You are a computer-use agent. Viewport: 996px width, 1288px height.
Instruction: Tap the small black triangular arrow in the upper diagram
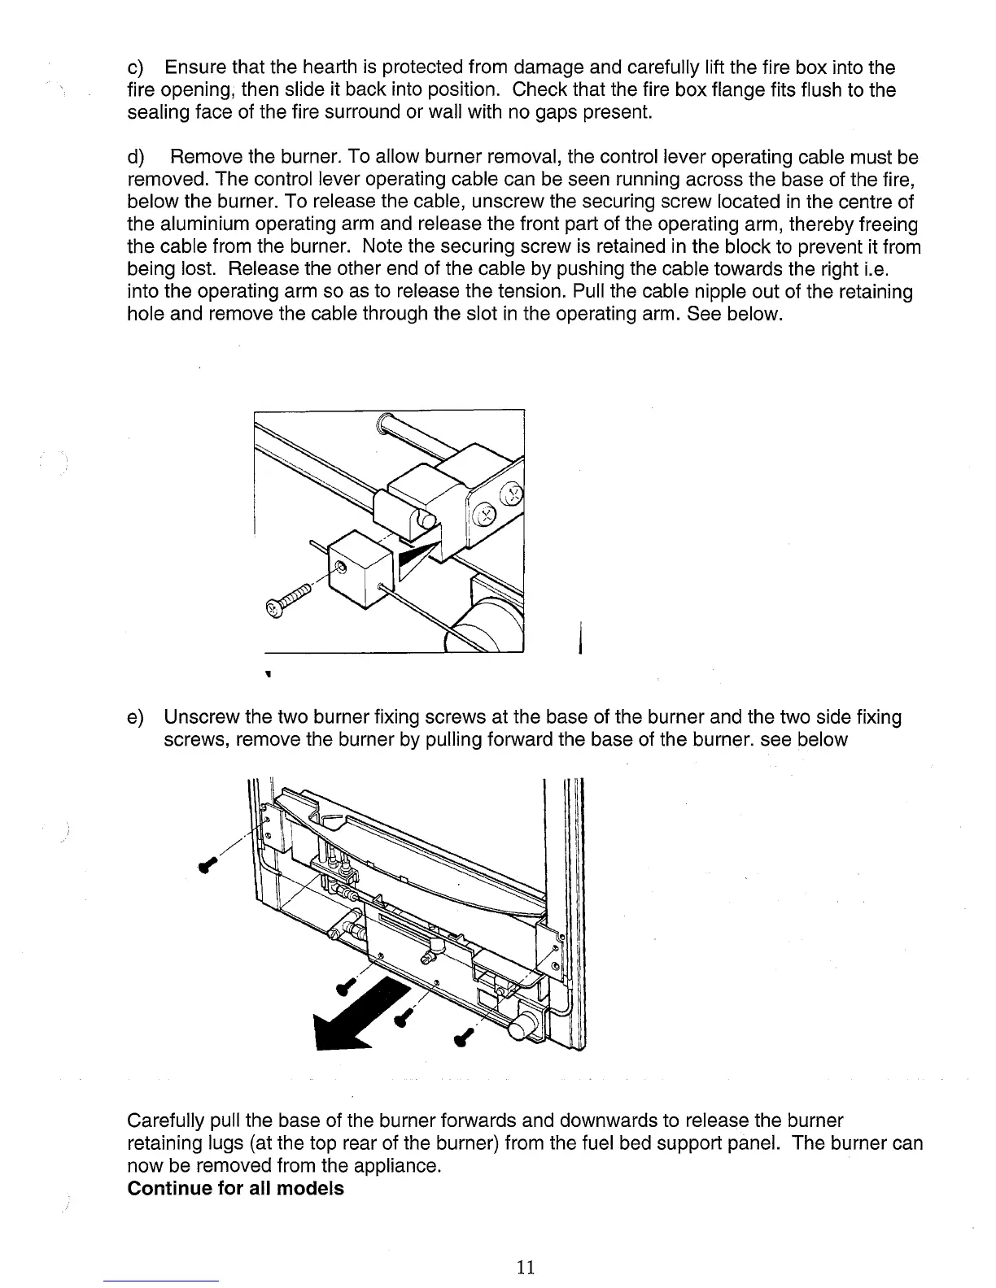click(x=415, y=561)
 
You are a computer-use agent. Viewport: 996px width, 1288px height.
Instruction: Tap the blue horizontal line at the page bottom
click(x=162, y=1281)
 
